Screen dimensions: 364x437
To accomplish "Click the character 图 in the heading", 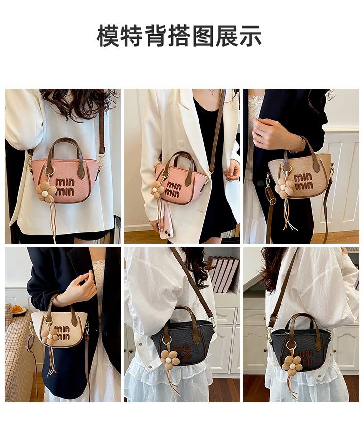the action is (203, 35).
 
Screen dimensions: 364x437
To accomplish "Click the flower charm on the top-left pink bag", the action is (47, 191).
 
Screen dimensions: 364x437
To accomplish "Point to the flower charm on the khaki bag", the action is (284, 188).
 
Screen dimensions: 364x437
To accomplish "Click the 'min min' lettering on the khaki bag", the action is (303, 182).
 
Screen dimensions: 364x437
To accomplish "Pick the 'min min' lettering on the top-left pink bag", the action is (65, 187).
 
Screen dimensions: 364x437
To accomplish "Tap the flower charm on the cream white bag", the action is (50, 336).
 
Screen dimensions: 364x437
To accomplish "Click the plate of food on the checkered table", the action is (18, 310).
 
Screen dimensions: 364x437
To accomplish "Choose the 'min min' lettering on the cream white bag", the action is (62, 333).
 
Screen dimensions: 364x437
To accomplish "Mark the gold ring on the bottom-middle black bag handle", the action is (166, 339).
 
